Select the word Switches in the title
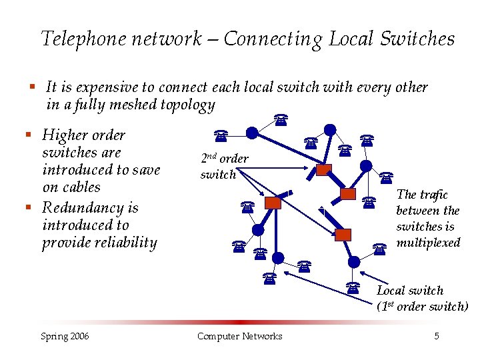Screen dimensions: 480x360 (416, 39)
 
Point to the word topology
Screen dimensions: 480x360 (187, 105)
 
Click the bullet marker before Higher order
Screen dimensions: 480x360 (28, 135)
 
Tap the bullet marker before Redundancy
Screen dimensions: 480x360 (28, 207)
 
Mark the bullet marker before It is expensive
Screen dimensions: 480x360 (31, 87)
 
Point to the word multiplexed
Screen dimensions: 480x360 (428, 243)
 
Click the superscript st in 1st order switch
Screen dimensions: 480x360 (389, 305)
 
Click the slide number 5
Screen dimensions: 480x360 (437, 336)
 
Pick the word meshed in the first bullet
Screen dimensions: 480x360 (131, 105)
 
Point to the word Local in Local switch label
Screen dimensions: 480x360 (391, 291)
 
